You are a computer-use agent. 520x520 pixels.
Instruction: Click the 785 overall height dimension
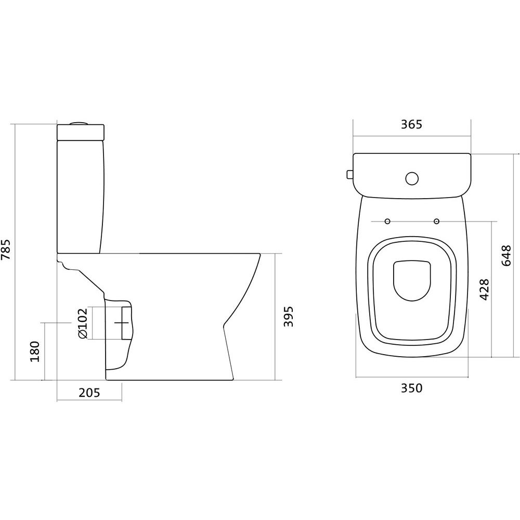pos(6,249)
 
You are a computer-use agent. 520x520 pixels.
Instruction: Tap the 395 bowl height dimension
pos(289,316)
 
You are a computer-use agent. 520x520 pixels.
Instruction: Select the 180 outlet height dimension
pos(34,352)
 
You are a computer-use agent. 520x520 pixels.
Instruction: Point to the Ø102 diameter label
pos(82,323)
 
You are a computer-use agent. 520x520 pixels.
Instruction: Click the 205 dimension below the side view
pos(89,393)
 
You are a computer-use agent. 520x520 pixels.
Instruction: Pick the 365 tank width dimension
pos(411,124)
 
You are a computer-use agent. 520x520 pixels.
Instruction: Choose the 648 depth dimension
pos(506,256)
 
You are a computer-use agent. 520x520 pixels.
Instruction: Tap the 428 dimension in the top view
pos(485,290)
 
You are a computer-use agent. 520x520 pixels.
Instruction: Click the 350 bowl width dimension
pos(411,388)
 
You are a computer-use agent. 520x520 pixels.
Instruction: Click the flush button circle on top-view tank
pos(412,178)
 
